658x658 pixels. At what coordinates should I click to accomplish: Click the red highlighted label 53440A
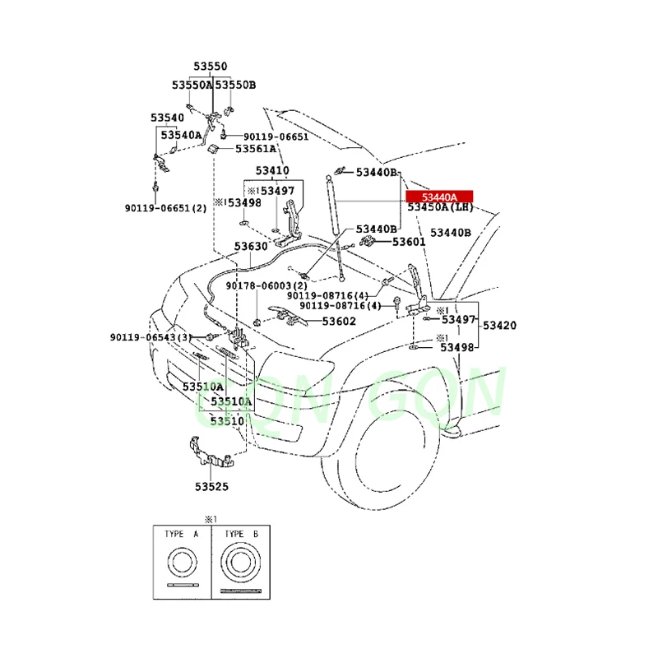click(438, 197)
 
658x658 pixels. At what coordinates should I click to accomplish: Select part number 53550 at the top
click(211, 67)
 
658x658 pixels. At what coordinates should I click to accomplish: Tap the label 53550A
click(192, 85)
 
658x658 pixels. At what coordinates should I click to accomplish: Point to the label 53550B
click(236, 85)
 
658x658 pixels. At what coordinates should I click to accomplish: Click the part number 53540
click(167, 118)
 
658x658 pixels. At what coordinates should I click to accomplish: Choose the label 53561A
click(256, 149)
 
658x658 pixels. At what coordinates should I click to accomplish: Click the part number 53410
click(271, 171)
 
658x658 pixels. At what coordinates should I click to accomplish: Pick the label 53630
click(250, 246)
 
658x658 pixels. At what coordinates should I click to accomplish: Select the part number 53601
click(409, 242)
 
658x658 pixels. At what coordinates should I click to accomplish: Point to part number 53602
click(338, 322)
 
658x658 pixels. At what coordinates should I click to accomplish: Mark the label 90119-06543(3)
click(151, 337)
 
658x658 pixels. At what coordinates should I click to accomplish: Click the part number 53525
click(211, 486)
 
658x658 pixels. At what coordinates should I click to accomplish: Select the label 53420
click(499, 326)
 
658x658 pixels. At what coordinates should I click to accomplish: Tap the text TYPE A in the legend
click(181, 534)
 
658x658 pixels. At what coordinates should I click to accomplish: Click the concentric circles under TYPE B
click(239, 566)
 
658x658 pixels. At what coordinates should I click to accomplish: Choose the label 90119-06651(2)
click(165, 208)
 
